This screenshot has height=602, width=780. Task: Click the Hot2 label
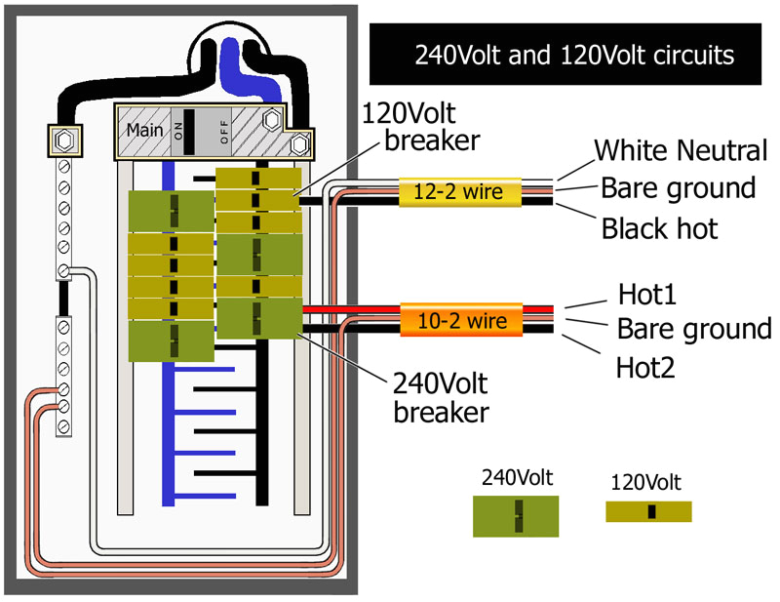pyautogui.click(x=647, y=367)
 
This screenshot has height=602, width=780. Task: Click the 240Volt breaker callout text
pyautogui.click(x=441, y=396)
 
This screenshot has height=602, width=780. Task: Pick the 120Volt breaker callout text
pyautogui.click(x=419, y=126)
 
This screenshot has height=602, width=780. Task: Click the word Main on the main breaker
pyautogui.click(x=143, y=131)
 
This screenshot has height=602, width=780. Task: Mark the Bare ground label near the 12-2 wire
pyautogui.click(x=678, y=187)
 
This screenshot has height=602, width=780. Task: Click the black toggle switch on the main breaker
pyautogui.click(x=190, y=130)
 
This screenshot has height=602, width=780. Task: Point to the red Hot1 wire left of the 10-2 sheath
pyautogui.click(x=351, y=308)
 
